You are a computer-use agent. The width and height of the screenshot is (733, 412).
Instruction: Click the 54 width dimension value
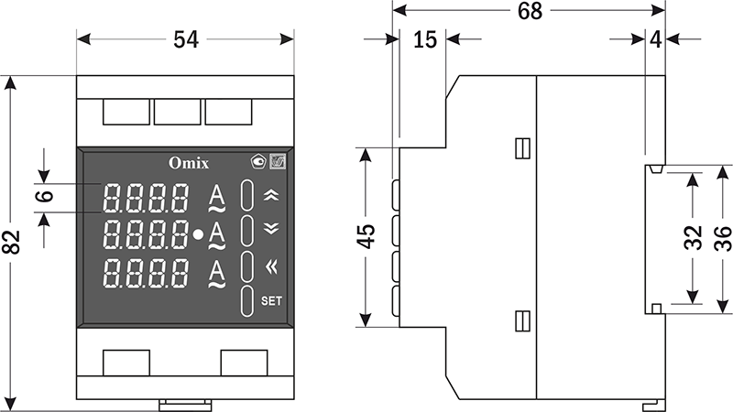coord(186,39)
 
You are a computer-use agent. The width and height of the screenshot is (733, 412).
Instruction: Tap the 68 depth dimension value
coord(530,12)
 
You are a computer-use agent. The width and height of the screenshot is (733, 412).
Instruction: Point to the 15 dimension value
coord(423,39)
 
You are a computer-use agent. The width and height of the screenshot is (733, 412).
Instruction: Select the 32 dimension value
coord(693,236)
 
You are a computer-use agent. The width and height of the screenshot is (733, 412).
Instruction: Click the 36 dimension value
coord(720,236)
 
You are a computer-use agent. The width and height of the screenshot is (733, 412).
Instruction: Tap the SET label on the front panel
coord(271,299)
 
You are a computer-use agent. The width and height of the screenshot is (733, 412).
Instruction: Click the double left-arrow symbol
coord(270,266)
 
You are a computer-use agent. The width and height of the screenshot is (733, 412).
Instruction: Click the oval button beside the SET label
coord(247,300)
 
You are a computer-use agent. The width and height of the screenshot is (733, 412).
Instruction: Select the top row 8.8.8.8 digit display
coord(147,197)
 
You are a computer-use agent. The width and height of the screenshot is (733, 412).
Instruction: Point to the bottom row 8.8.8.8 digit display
coord(147,272)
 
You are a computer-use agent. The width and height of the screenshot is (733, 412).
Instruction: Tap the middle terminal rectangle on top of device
coord(178,112)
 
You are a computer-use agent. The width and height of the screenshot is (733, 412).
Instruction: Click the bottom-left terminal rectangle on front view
coord(126,363)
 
